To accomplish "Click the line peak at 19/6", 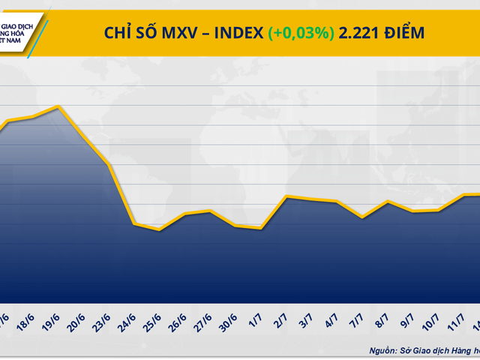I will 58,107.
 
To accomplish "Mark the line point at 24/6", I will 134,223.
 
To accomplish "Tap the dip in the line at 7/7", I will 361,217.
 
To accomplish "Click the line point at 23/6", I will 109,164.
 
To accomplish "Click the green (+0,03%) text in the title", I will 301,32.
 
